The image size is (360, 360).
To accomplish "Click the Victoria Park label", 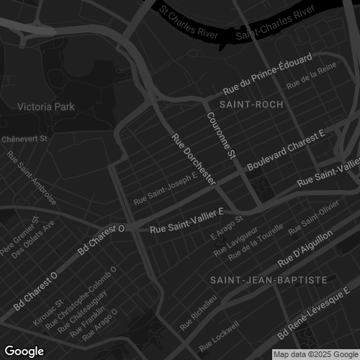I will pyautogui.click(x=45, y=107).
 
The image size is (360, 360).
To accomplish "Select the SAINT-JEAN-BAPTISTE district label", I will pyautogui.click(x=269, y=279).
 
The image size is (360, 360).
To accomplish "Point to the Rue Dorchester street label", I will pyautogui.click(x=193, y=158).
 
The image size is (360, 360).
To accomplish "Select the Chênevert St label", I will pyautogui.click(x=24, y=138).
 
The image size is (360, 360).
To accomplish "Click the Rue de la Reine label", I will pyautogui.click(x=302, y=86).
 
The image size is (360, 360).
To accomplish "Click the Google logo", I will pyautogui.click(x=24, y=351).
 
